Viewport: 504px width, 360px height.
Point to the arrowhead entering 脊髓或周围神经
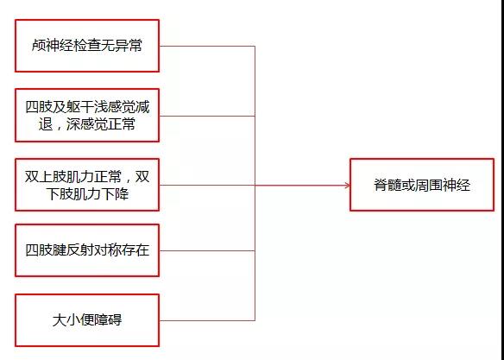347,185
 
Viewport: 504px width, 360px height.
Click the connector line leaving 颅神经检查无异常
207,46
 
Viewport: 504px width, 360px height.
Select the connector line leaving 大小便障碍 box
207,320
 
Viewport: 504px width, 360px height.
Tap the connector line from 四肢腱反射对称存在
207,250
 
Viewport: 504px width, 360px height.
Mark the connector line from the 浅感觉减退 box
207,116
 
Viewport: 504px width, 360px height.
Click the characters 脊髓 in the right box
387,185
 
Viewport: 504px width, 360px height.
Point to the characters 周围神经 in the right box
443,185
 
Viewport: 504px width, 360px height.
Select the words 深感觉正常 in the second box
101,124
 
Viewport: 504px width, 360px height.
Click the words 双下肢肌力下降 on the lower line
87,194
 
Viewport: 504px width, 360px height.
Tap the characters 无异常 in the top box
122,46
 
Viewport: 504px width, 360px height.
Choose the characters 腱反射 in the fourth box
73,250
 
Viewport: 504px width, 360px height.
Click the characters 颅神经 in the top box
53,46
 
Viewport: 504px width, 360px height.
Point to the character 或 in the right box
408,185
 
